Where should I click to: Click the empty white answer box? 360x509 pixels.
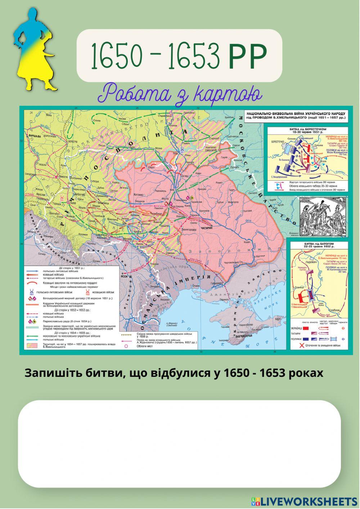tap(179, 443)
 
